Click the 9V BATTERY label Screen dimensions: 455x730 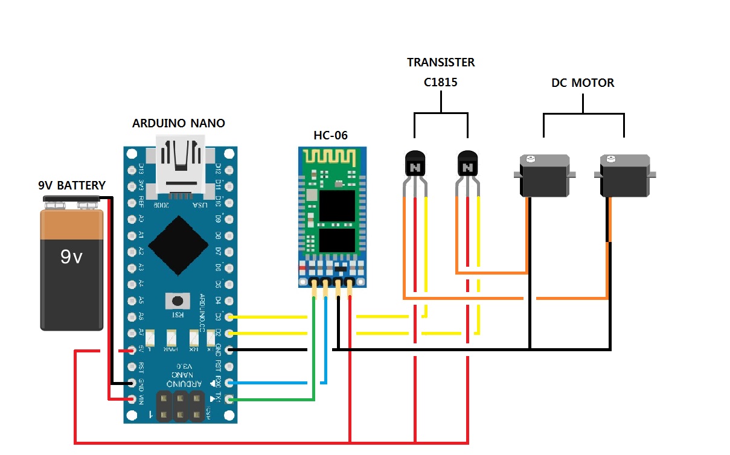point(71,185)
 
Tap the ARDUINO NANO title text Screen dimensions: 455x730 point(178,123)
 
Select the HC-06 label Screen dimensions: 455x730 point(331,135)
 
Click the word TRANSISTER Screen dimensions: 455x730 point(441,62)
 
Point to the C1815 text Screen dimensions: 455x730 point(440,83)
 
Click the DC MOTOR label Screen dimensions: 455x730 point(583,83)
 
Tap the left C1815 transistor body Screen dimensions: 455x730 point(415,164)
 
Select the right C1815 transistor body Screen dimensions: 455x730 point(467,164)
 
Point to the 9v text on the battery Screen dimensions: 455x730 point(71,258)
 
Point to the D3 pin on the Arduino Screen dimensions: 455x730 point(228,316)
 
